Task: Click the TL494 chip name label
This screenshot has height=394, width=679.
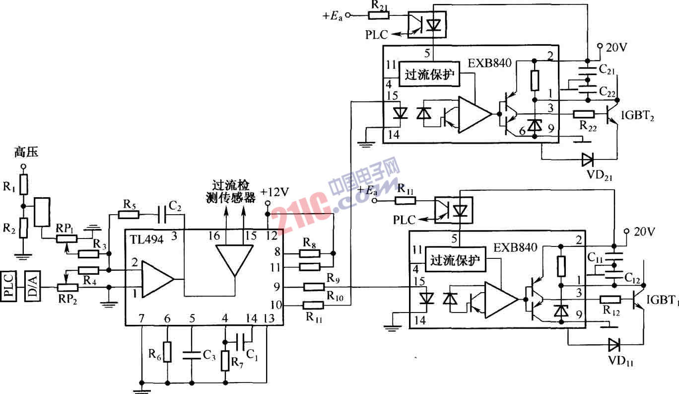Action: tap(147, 239)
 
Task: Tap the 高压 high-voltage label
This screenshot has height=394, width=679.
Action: tap(26, 152)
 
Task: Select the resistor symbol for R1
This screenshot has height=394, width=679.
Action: tap(24, 184)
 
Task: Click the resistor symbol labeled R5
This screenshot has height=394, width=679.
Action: tap(129, 215)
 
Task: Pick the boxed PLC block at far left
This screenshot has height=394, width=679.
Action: tap(8, 286)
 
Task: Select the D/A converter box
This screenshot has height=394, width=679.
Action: tap(32, 286)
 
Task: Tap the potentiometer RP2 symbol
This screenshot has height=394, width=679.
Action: tap(68, 288)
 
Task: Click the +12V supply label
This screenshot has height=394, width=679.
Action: tap(274, 192)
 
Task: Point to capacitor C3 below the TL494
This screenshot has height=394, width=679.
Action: tap(192, 355)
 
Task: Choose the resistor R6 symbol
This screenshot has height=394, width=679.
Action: tap(167, 352)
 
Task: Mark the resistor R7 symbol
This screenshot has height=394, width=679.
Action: tap(225, 361)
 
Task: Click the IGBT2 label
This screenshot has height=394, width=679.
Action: tap(637, 116)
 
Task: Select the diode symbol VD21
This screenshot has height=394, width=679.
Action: tap(588, 159)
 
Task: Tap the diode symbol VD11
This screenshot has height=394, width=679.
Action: tap(614, 345)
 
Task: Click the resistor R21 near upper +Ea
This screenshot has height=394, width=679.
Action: tap(379, 15)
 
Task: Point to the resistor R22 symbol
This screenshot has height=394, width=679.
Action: tap(584, 114)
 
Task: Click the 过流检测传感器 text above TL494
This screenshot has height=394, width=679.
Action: tap(230, 192)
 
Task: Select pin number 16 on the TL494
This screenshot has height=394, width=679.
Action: tap(214, 236)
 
